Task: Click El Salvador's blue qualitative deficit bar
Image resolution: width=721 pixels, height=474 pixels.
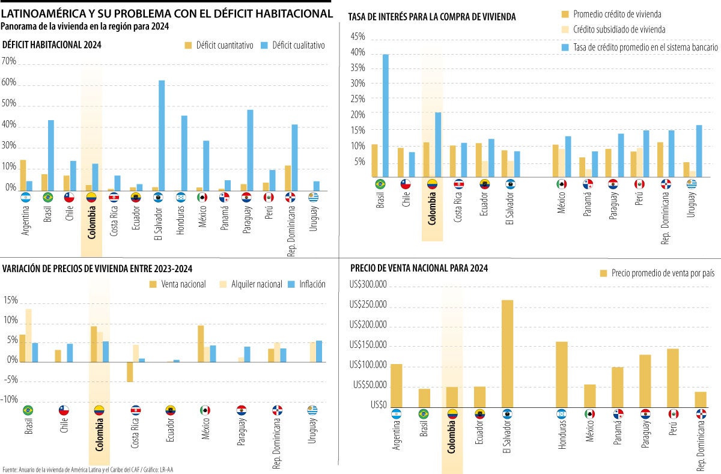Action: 162,135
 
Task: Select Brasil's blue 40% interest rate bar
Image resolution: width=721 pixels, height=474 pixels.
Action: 386,116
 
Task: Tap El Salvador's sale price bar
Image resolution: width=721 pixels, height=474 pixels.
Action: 507,353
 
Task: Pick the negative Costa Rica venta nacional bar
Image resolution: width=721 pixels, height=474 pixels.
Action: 130,372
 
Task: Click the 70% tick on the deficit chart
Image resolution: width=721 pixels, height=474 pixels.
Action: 9,61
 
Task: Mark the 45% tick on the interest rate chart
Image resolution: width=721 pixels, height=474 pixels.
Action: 357,37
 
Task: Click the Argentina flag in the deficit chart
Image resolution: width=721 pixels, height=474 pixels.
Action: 25,196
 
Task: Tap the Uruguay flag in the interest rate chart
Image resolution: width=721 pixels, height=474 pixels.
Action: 692,184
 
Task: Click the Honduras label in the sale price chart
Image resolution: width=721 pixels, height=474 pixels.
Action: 562,434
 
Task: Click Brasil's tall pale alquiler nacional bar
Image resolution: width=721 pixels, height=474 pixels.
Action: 28,335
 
